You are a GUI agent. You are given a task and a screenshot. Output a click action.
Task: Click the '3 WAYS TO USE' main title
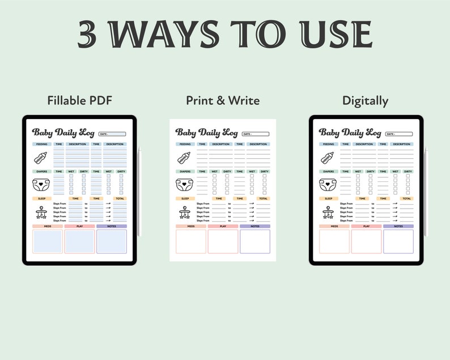tap(225, 35)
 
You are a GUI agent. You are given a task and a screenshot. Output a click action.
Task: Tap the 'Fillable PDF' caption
tap(79, 101)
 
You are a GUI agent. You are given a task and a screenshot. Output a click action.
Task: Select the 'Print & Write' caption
tap(223, 101)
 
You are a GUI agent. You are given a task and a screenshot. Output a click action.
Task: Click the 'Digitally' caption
tap(365, 101)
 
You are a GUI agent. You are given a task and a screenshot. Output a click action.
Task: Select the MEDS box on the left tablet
tap(48, 241)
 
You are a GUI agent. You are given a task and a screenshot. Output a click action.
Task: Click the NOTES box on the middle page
tap(254, 241)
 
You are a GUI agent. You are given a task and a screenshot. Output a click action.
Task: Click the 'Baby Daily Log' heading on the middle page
tap(207, 133)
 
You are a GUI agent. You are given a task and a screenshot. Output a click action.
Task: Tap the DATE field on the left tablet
tap(112, 134)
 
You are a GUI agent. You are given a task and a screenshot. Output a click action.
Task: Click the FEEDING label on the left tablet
tap(41, 144)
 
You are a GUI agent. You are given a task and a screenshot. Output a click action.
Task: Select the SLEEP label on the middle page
tap(184, 198)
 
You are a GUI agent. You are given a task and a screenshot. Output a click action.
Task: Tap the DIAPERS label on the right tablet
tap(328, 171)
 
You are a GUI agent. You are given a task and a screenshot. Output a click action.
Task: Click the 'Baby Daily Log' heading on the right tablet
tap(350, 133)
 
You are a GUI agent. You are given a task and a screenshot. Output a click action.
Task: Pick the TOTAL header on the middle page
tap(264, 198)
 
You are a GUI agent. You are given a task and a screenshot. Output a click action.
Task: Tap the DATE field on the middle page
tap(256, 134)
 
